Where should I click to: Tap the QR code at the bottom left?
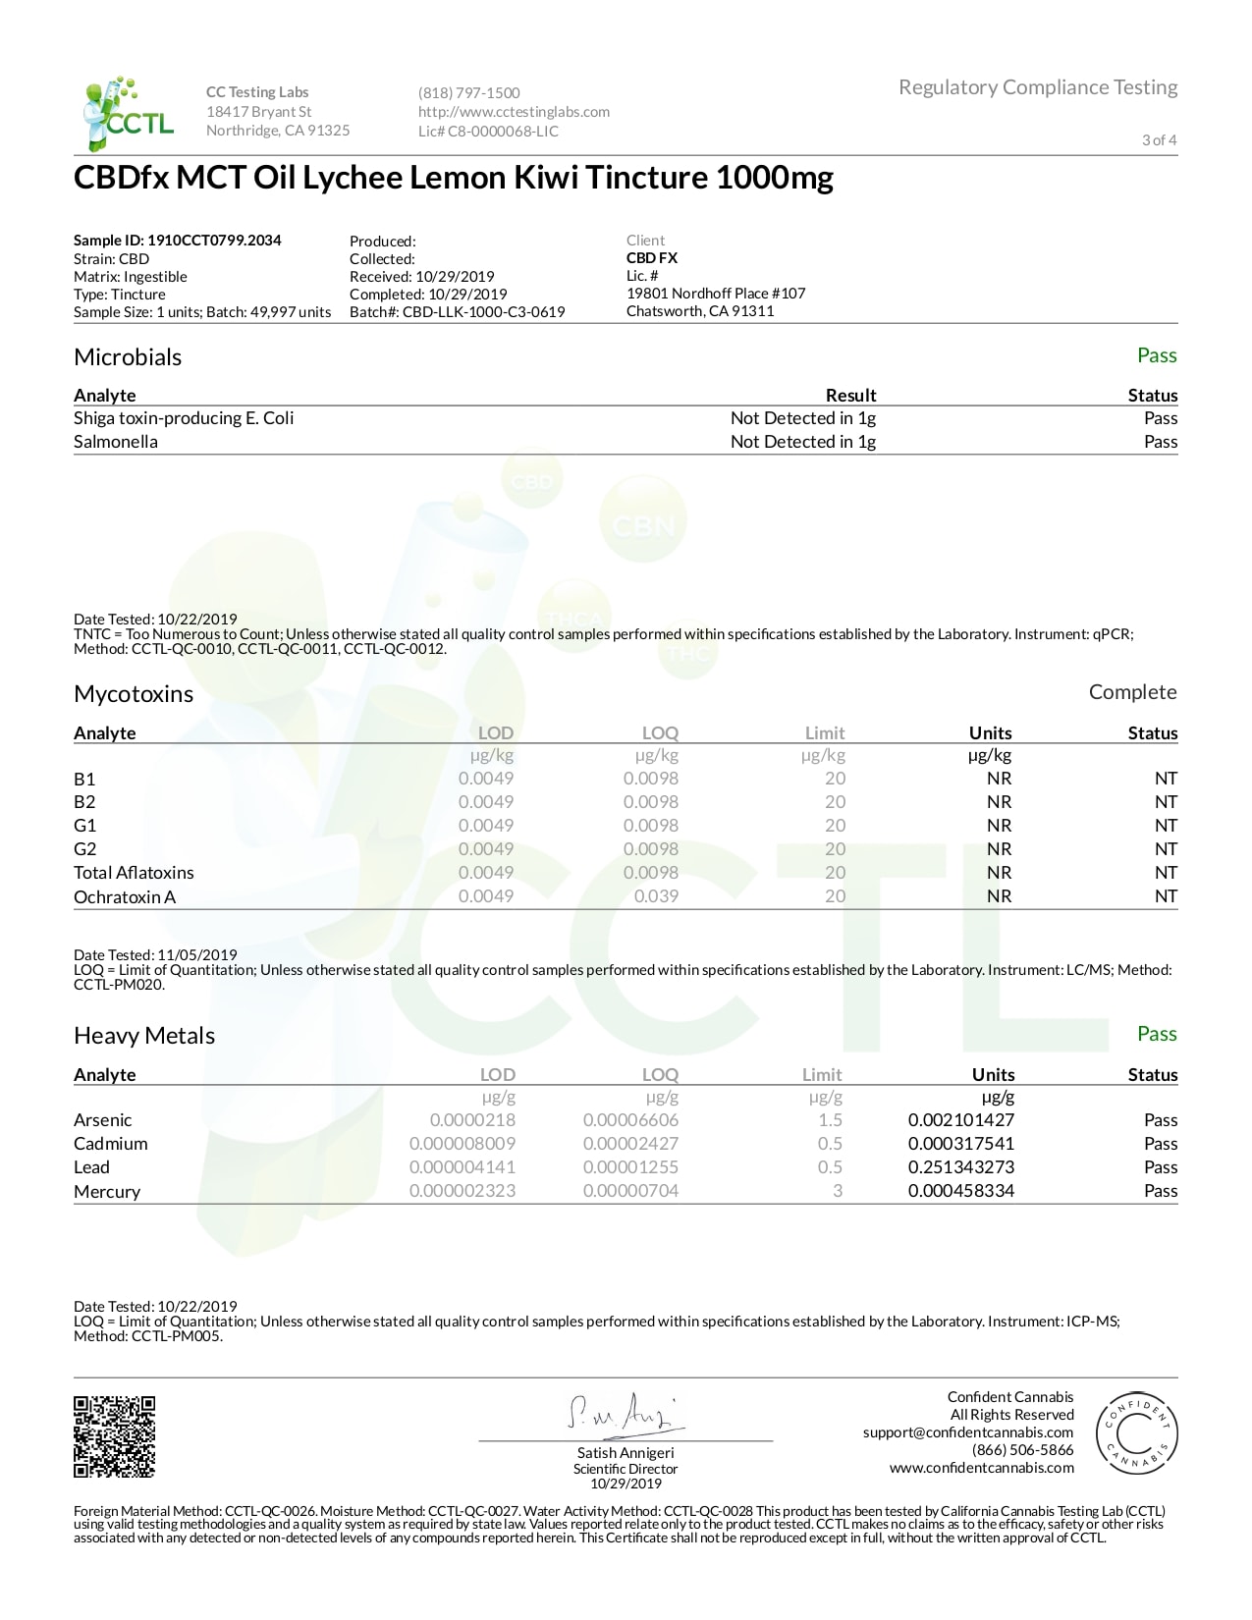point(115,1435)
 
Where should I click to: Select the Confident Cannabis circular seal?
point(1136,1433)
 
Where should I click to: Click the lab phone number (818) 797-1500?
point(468,93)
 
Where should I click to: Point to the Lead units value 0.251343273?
point(960,1167)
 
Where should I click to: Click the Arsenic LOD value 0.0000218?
point(472,1120)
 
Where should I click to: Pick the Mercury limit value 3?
point(838,1191)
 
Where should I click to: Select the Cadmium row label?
point(111,1144)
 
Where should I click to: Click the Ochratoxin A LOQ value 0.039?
point(656,896)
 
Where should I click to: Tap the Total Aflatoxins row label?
point(134,873)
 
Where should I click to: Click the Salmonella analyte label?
point(116,442)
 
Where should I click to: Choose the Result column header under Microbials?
point(850,396)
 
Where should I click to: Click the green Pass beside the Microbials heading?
point(1157,355)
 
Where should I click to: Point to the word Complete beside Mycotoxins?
point(1132,692)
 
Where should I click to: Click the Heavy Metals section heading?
point(144,1036)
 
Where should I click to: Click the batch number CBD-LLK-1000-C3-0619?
point(483,312)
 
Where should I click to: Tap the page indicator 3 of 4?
point(1159,140)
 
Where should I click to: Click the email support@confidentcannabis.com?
point(968,1432)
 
